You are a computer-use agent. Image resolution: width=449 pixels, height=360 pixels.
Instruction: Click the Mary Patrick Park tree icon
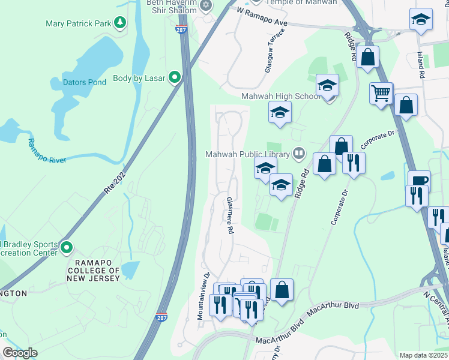tap(121, 23)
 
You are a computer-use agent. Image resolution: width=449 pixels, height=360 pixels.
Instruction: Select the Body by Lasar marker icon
tap(175, 77)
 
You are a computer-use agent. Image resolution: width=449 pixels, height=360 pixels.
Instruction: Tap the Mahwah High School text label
tap(280, 96)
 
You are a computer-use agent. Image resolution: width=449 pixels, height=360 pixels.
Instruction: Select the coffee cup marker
tap(419, 181)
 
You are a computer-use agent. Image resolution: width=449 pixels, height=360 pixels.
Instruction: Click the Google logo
tap(20, 353)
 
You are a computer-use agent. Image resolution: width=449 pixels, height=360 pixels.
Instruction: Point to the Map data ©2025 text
tap(423, 355)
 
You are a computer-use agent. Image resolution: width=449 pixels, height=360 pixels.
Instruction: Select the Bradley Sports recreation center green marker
tap(66, 247)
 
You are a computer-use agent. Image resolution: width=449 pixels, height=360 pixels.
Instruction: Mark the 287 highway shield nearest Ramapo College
tap(161, 317)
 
